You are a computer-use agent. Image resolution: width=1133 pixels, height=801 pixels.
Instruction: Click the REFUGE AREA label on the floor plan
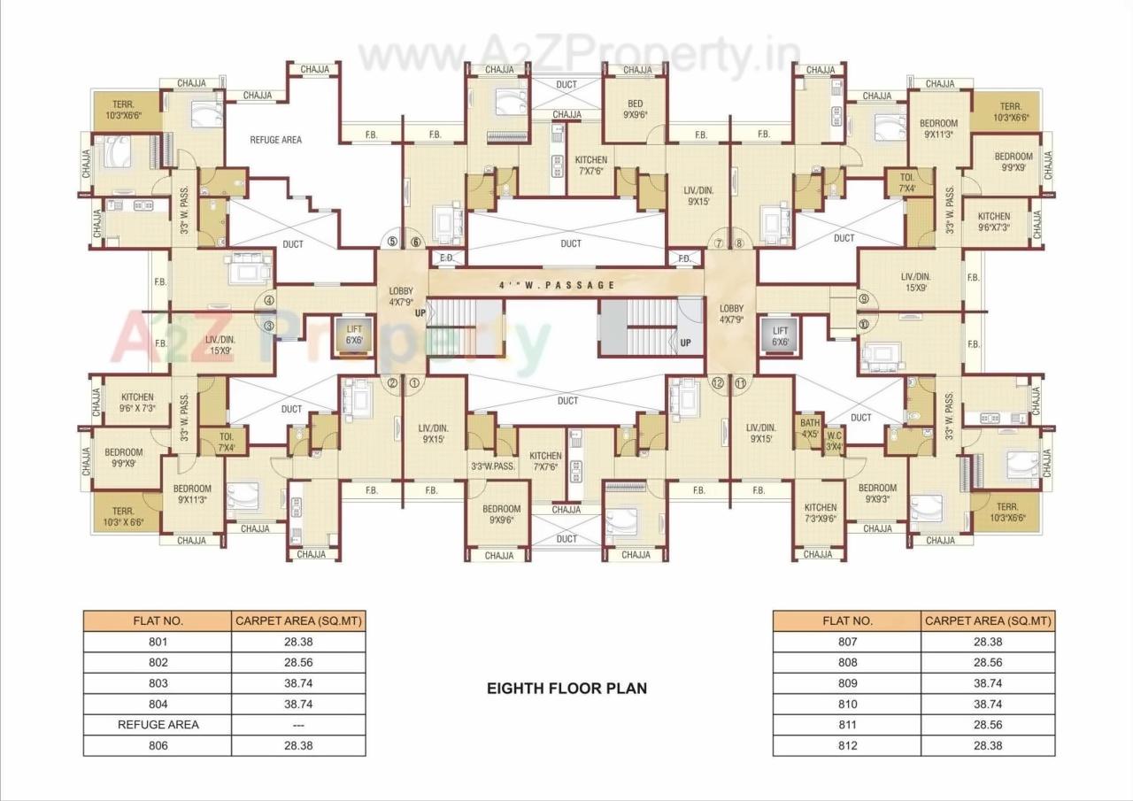click(275, 140)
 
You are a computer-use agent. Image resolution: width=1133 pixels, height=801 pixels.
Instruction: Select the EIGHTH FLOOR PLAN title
click(566, 688)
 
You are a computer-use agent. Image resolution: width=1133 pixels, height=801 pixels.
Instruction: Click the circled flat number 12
click(718, 382)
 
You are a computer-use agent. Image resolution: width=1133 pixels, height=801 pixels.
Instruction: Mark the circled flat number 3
click(268, 326)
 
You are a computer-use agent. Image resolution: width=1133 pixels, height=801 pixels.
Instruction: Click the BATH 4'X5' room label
click(809, 428)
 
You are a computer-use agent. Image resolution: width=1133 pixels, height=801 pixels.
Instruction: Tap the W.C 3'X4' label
click(834, 441)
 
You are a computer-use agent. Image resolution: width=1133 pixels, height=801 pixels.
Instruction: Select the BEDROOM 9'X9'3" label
click(877, 493)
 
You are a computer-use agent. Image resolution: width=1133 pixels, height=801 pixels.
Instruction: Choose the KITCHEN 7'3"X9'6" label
click(820, 513)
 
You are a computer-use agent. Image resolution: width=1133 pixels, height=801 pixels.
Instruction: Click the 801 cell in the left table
click(158, 642)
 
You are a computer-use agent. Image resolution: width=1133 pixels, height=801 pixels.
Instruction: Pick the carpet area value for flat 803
click(298, 683)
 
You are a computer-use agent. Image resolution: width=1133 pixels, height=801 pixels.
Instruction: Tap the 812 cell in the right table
click(847, 745)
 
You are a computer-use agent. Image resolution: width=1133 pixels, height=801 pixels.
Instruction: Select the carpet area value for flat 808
click(988, 662)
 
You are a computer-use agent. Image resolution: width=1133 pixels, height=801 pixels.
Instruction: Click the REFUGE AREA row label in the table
click(158, 724)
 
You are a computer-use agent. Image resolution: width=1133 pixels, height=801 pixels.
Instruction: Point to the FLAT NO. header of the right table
click(847, 620)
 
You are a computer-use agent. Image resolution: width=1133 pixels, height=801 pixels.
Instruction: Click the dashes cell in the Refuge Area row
click(298, 724)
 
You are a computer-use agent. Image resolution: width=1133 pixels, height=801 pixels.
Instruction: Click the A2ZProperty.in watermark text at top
click(580, 59)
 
